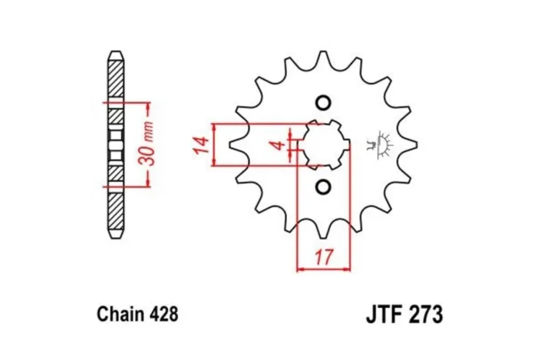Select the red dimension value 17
[x=324, y=256]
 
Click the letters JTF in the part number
[x=378, y=315]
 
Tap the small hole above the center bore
[x=323, y=104]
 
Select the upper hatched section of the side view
[x=114, y=81]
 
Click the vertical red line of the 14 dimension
[x=216, y=144]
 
